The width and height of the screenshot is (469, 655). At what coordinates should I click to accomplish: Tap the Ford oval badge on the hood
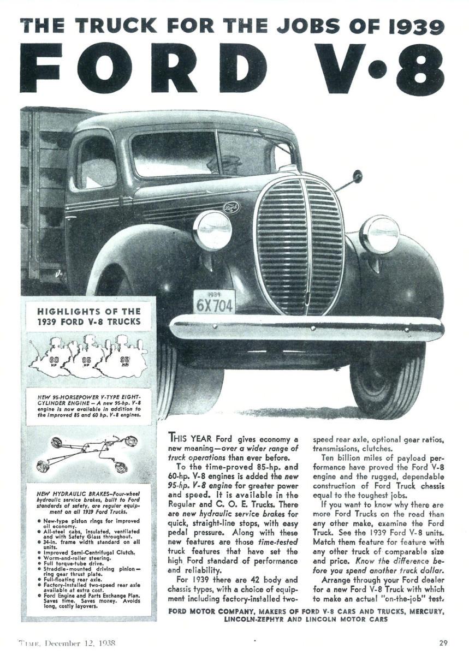coord(231,208)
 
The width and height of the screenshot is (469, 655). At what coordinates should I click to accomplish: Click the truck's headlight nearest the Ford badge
coord(212,230)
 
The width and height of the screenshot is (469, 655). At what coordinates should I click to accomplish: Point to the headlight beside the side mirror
coord(379,234)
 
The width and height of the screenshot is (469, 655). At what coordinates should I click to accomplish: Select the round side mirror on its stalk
coord(357,176)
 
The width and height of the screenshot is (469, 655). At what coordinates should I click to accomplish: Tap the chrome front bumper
coord(306,328)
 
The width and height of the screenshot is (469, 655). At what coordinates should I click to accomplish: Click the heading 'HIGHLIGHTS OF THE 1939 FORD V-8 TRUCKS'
coord(88,317)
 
